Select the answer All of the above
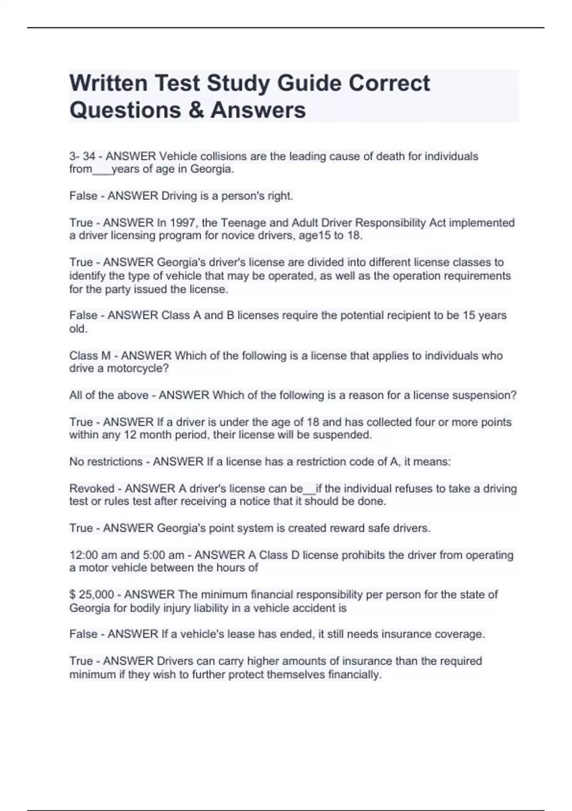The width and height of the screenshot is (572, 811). [x=109, y=395]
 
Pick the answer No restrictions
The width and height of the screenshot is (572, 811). [x=106, y=461]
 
